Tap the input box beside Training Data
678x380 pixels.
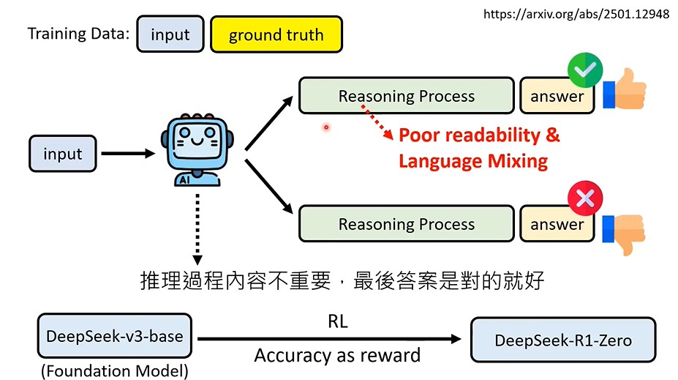170,35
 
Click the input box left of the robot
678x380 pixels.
63,154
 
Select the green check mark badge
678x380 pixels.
584,71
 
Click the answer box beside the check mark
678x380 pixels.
557,96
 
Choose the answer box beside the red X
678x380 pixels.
557,224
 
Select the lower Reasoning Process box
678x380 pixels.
406,224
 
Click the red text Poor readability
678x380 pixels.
479,135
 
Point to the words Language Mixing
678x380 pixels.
473,160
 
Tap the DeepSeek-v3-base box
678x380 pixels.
115,337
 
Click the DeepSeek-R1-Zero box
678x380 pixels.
562,340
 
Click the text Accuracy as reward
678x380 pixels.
337,356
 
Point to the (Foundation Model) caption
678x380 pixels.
115,371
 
